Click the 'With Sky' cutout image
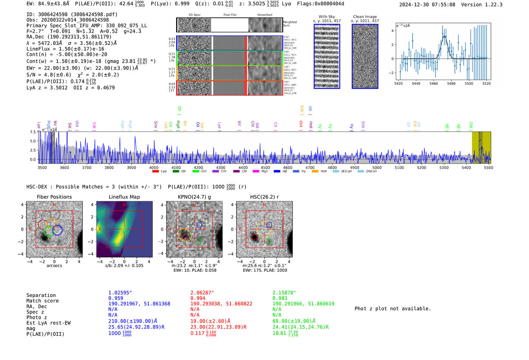(327, 56)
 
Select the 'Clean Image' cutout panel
(365, 56)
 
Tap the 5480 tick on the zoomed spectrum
(451, 83)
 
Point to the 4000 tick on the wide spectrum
(154, 168)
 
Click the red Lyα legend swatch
(155, 172)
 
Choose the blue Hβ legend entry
(277, 172)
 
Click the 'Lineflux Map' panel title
(124, 197)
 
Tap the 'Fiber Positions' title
(54, 197)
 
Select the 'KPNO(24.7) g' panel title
(194, 197)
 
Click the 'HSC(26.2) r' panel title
(264, 197)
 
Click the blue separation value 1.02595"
(120, 293)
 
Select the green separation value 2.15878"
(284, 293)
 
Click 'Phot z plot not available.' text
(393, 309)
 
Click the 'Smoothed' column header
(264, 15)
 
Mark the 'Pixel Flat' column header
(230, 15)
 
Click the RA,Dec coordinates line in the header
(69, 37)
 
